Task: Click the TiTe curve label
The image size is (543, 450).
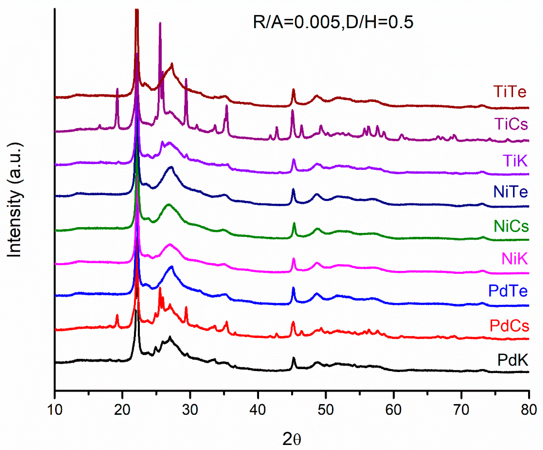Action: pos(510,92)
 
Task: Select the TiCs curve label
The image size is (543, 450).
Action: pos(511,124)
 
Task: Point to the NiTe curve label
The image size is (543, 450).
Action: pos(510,192)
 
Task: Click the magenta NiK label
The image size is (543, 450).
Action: pos(514,258)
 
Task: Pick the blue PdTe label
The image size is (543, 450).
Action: pos(508,291)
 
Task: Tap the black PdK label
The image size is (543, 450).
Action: pos(513,360)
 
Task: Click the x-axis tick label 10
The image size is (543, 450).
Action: pos(55,410)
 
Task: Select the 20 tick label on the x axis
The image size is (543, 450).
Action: pos(122,410)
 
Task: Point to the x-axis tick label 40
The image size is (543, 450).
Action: pos(258,410)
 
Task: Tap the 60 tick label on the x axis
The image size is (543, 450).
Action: pos(393,410)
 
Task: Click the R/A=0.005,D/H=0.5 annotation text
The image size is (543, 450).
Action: pos(333,22)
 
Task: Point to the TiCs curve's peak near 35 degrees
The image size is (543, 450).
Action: pos(227,106)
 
